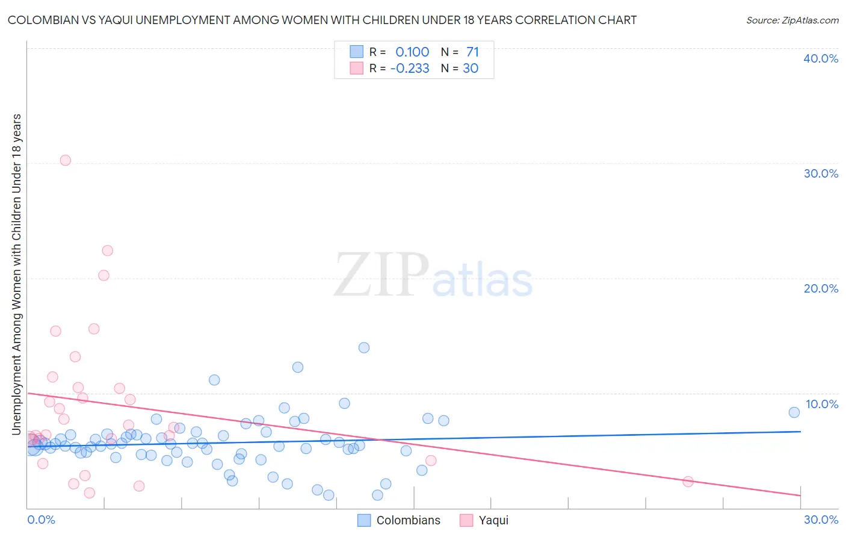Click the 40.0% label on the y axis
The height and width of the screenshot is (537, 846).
click(821, 58)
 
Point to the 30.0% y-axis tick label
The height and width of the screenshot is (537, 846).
click(821, 173)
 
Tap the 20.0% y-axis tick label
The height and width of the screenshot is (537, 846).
click(821, 288)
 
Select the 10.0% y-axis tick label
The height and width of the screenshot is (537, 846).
click(821, 404)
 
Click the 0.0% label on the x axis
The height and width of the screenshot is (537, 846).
click(41, 520)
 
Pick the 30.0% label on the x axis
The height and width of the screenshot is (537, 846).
click(821, 520)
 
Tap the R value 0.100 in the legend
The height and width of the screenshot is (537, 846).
click(412, 52)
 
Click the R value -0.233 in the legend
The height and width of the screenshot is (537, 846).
click(410, 69)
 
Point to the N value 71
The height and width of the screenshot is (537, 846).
click(472, 52)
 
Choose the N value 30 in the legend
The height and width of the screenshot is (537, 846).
click(471, 69)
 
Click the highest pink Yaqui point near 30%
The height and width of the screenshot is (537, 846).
click(66, 160)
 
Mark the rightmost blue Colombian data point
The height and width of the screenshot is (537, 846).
click(794, 412)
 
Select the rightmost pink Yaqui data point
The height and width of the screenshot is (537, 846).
click(688, 482)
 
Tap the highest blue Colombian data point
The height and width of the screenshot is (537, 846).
click(364, 347)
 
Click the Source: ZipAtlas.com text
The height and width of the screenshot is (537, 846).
click(792, 20)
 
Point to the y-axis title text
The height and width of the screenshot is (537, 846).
click(17, 274)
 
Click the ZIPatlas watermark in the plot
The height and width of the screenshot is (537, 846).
click(433, 276)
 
